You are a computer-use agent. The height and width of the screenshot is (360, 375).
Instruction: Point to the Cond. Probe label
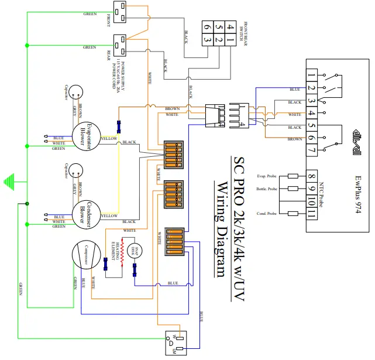(267, 213)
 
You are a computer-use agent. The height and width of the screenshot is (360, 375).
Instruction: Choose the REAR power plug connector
(122, 44)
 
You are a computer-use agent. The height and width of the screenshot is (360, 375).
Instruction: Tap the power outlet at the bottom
(177, 342)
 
